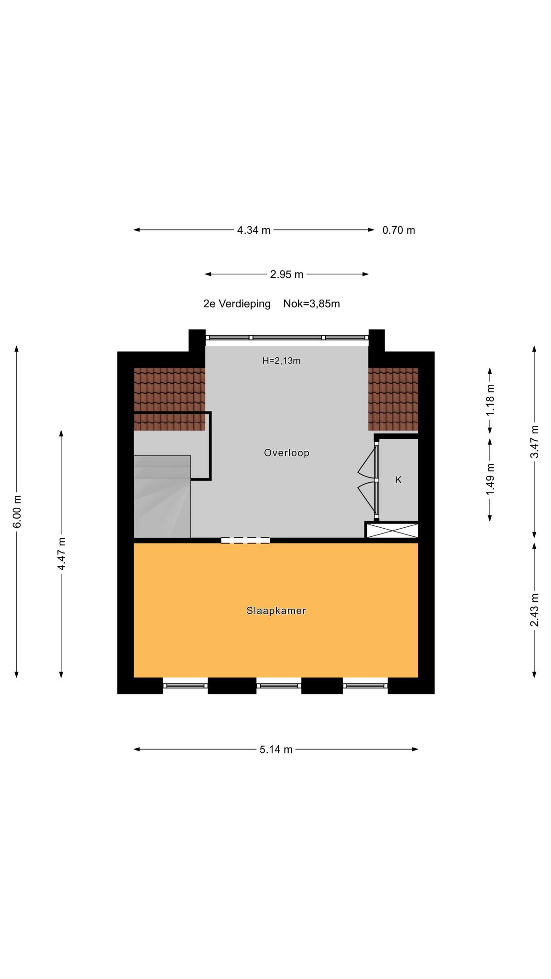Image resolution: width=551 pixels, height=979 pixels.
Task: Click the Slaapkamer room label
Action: coord(276,610)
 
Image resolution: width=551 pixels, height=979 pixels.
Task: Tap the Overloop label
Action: coord(287,453)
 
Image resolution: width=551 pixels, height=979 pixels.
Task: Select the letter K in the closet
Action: coord(398,480)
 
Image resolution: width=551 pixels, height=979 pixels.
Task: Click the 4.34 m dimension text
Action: coord(253,230)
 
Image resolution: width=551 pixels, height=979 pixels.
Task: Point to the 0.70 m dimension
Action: coord(398,230)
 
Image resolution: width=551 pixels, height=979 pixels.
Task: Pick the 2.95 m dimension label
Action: coord(287,274)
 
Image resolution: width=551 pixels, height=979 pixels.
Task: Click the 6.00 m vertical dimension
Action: coord(17,511)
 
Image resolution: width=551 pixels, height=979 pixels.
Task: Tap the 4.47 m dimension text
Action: coord(61,554)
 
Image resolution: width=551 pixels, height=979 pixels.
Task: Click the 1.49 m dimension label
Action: coord(490,480)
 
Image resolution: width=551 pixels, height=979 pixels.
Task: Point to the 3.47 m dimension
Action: coord(534,442)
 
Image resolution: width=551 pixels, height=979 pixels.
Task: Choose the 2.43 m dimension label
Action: coord(534,610)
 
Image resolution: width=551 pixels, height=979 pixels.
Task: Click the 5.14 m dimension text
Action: coord(276,750)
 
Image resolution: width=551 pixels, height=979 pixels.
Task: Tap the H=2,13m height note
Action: coord(281,361)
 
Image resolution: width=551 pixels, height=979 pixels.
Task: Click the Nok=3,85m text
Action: coord(311,304)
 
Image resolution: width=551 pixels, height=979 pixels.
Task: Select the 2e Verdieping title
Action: coord(237,304)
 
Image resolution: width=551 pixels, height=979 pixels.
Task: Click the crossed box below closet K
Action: coord(392,530)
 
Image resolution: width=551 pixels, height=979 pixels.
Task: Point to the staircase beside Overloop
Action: coord(162,496)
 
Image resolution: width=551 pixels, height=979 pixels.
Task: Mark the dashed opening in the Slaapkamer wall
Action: coord(245,541)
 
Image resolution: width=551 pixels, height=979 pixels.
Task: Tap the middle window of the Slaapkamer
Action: coord(279,685)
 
